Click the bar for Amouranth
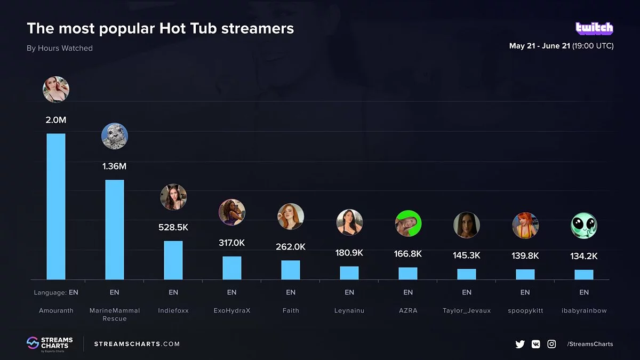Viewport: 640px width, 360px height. (x=56, y=206)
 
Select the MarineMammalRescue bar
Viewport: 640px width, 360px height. (x=115, y=229)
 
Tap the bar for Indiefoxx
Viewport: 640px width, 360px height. (x=173, y=260)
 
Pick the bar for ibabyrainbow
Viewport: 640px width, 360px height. (x=584, y=274)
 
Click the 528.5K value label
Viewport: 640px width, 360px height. (x=173, y=227)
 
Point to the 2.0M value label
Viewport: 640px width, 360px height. (x=56, y=120)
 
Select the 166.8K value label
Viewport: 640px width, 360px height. (x=408, y=254)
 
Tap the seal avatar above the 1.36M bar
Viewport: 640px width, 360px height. (x=115, y=136)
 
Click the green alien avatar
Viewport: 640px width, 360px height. (x=584, y=225)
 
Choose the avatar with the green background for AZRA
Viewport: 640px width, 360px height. (x=408, y=223)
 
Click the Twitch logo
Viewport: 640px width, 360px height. (x=594, y=28)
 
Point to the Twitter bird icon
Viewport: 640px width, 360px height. (x=520, y=344)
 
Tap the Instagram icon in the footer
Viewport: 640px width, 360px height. (x=552, y=344)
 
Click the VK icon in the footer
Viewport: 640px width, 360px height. (x=536, y=344)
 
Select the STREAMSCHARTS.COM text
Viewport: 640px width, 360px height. (x=137, y=344)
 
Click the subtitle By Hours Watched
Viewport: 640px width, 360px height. (x=60, y=48)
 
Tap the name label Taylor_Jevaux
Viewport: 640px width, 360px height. (x=467, y=310)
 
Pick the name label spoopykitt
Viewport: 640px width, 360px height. (x=525, y=310)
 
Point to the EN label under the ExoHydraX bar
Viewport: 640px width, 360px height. (x=232, y=292)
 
